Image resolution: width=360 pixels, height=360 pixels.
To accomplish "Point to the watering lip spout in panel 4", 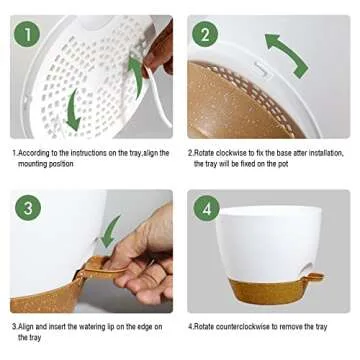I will pyautogui.click(x=314, y=276).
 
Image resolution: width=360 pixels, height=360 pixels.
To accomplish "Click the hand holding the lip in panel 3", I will pyautogui.click(x=145, y=265).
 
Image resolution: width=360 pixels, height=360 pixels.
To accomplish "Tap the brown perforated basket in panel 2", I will pyautogui.click(x=240, y=105).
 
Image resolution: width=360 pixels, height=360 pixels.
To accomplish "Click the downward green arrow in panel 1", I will pyautogui.click(x=71, y=110).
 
